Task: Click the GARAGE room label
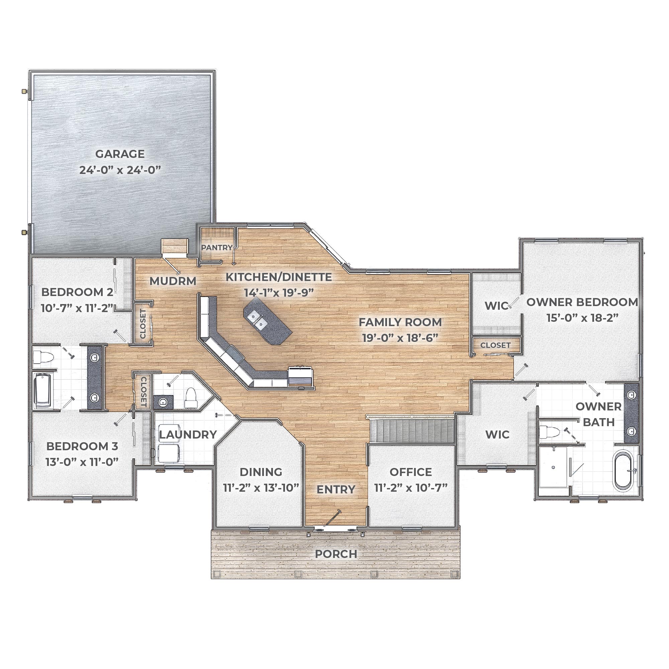(x=120, y=154)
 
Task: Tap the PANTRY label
(x=217, y=248)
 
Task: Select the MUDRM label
(x=173, y=281)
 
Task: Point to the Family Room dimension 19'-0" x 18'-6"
(x=400, y=338)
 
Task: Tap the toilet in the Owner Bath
(x=549, y=432)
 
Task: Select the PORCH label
(x=336, y=554)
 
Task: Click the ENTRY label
(x=336, y=489)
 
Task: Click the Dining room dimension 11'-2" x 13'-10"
(x=261, y=488)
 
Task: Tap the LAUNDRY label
(x=188, y=435)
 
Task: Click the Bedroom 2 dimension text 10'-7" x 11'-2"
(x=77, y=308)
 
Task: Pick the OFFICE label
(x=411, y=472)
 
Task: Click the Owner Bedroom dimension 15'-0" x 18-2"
(x=582, y=318)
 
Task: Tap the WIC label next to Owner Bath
(x=497, y=435)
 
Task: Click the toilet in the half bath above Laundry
(x=190, y=398)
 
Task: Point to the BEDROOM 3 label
(x=82, y=446)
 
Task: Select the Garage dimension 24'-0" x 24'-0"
(x=120, y=170)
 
